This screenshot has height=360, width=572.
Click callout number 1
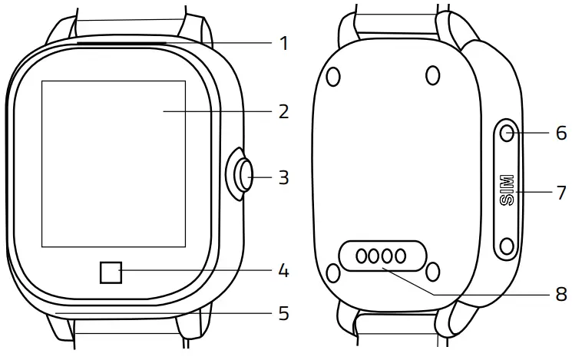tap(284, 43)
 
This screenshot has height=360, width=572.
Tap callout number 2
tap(284, 112)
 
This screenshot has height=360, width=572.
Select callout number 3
tap(284, 178)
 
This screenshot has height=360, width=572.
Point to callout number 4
tap(284, 271)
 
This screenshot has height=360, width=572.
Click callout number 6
tap(561, 133)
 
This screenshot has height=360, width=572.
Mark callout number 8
tap(561, 294)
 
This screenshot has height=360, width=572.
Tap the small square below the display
tap(110, 272)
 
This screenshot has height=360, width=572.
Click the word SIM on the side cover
tap(507, 189)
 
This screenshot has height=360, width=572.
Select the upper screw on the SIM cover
tap(507, 133)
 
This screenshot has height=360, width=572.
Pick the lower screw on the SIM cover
tap(507, 246)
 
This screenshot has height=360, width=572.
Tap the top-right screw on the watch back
tap(433, 75)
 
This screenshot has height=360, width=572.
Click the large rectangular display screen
tap(113, 163)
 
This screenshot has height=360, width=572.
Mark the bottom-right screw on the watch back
tap(433, 272)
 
